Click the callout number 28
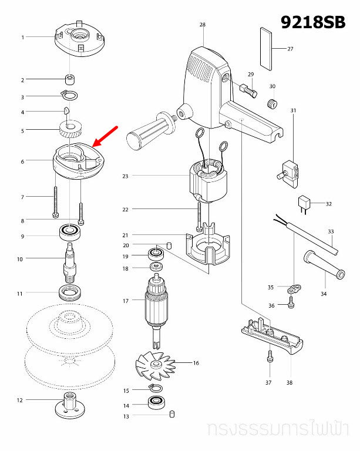coord(202,25)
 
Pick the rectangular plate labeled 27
coord(267,48)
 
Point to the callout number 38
coord(289,382)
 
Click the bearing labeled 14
coord(157,403)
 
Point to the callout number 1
coord(23,37)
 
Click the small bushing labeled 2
coord(70,79)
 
